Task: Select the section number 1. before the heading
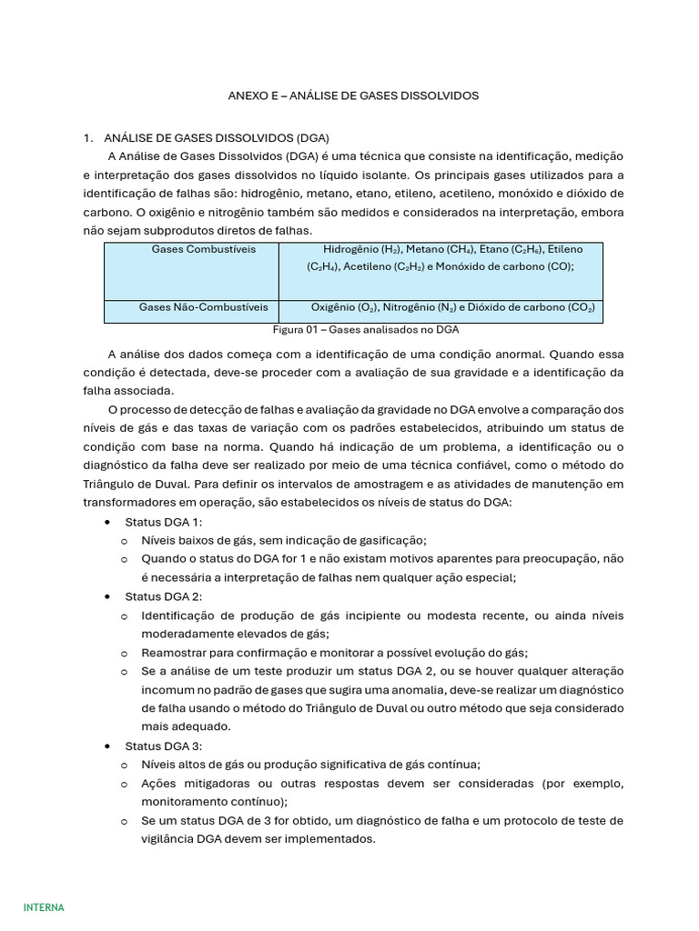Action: click(88, 138)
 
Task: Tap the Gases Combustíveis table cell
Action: click(203, 249)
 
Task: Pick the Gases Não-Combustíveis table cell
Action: click(203, 308)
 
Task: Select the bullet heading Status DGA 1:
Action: click(163, 522)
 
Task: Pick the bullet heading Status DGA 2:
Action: click(163, 596)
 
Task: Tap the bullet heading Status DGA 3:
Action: click(163, 746)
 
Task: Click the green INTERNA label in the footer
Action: click(44, 907)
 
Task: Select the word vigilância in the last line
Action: click(169, 839)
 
